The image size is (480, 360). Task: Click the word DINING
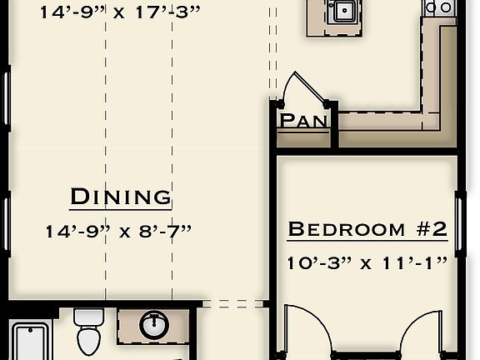click(x=121, y=197)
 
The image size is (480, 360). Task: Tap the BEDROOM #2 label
click(x=367, y=229)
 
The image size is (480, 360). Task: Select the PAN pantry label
click(x=303, y=121)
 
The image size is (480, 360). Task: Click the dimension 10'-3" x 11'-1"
click(x=367, y=262)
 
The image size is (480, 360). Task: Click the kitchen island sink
click(x=342, y=11)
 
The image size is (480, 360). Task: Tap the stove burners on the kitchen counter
click(x=439, y=7)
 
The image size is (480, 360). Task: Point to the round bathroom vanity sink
click(x=153, y=325)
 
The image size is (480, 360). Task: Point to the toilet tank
click(x=88, y=317)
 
